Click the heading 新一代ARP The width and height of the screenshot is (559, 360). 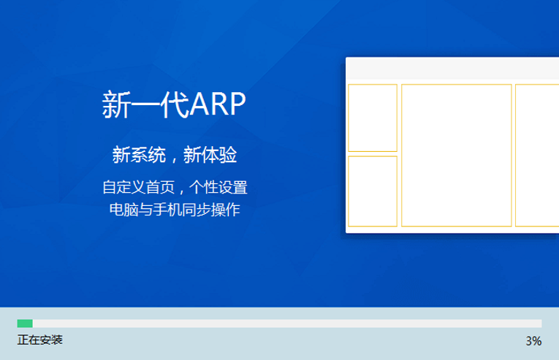click(x=174, y=104)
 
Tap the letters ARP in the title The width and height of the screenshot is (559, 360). click(x=218, y=104)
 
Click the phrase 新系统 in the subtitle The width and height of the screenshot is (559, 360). click(x=139, y=155)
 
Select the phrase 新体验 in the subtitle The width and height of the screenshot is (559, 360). click(x=210, y=155)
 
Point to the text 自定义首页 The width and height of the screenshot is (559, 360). click(x=139, y=187)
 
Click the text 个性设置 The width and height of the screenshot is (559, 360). click(x=218, y=187)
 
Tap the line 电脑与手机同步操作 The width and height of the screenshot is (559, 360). click(x=175, y=210)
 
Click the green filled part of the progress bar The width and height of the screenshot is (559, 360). click(x=25, y=323)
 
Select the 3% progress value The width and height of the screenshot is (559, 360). click(x=533, y=341)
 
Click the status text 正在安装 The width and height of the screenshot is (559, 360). click(x=40, y=340)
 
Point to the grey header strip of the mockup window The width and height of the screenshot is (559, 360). click(x=452, y=69)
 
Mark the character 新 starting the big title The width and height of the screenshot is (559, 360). click(x=116, y=104)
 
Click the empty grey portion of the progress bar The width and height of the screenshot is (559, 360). click(x=287, y=323)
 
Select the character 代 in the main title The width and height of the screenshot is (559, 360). click(x=175, y=104)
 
